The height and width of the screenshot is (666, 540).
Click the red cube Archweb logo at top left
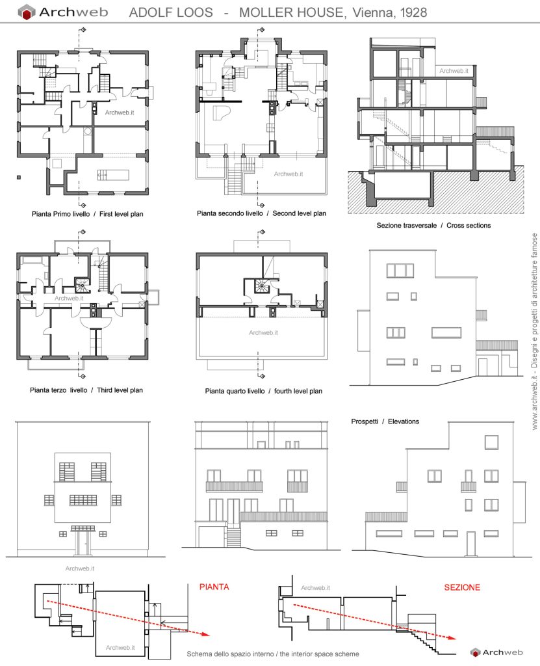27,12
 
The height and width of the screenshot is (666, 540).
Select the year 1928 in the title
411,12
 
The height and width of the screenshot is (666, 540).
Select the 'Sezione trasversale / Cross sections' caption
433,225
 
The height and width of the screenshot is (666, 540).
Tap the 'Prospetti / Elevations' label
385,421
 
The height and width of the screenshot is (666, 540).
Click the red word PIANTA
214,587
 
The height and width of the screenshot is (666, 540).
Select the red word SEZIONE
462,587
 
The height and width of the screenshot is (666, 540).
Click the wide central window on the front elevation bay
83,500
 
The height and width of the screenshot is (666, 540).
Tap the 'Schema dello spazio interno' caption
272,654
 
